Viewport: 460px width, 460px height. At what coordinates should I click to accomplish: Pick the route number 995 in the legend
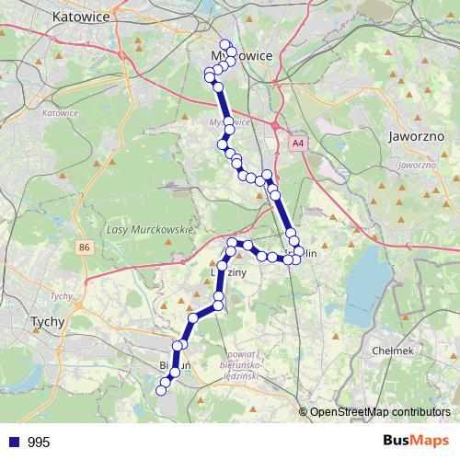coord(39,443)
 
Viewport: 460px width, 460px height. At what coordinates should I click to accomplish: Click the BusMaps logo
coord(415,442)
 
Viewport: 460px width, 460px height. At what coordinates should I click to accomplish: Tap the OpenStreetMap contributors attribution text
coord(380,411)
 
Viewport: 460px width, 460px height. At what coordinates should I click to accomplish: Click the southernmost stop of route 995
coord(161,390)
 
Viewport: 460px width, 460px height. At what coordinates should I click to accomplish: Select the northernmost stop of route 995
coord(224,43)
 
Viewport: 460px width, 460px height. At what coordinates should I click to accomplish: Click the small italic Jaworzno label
coord(416,164)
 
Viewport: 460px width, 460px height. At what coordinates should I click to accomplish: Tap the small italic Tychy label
coord(62,295)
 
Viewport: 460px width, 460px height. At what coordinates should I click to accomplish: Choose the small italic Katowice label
coord(60,112)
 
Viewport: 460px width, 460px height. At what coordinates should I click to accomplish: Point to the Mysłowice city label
coord(242,56)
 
